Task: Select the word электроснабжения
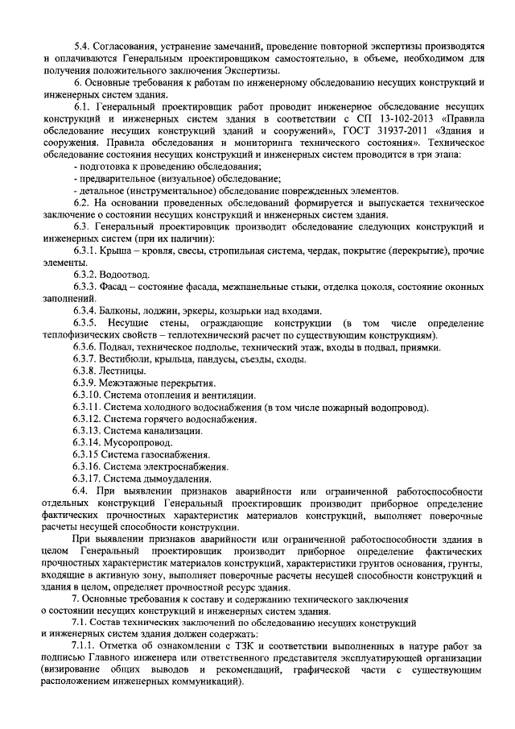184,466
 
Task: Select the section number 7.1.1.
85,646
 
